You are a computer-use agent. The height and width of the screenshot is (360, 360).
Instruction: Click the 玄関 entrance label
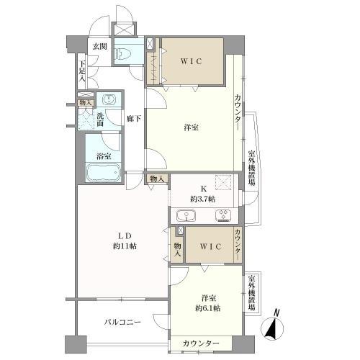(99, 47)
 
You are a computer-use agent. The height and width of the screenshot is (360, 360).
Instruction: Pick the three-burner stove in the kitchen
(225, 215)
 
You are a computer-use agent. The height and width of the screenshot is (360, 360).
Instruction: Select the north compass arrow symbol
(272, 328)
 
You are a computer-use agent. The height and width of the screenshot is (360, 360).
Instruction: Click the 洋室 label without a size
(191, 127)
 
